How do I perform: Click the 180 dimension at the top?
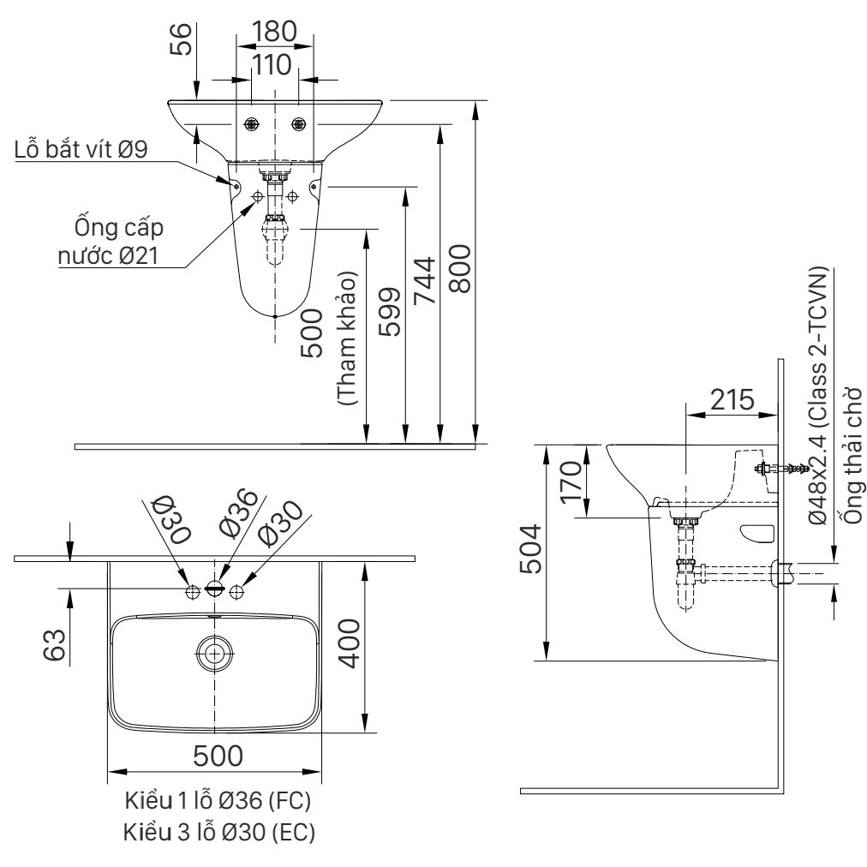pos(273,32)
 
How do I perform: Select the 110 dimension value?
pos(273,65)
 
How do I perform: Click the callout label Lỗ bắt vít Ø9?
pos(82,150)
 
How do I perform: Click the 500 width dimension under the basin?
pos(216,756)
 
